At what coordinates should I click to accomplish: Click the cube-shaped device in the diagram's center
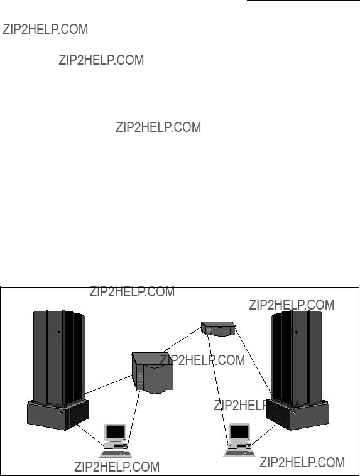[x=153, y=373]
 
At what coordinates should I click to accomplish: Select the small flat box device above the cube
[x=219, y=329]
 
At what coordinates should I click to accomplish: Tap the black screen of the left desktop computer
[x=116, y=431]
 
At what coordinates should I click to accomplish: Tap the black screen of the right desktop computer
[x=239, y=431]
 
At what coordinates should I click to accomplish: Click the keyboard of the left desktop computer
[x=116, y=454]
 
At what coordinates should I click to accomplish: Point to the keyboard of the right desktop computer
[x=240, y=453]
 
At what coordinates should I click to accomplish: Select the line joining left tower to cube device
[x=109, y=384]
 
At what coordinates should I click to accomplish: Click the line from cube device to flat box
[x=182, y=340]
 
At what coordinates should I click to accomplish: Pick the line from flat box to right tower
[x=253, y=361]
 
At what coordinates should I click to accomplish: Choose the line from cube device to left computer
[x=134, y=419]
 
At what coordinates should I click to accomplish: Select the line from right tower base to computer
[x=264, y=435]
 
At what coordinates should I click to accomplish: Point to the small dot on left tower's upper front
[x=59, y=332]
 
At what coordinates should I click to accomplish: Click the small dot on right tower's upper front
[x=296, y=332]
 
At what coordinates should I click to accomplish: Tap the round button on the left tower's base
[x=61, y=413]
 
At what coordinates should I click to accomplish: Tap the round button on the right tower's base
[x=294, y=413]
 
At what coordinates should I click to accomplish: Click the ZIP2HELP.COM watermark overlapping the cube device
[x=202, y=360]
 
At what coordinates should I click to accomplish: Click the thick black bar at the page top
[x=303, y=1]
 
